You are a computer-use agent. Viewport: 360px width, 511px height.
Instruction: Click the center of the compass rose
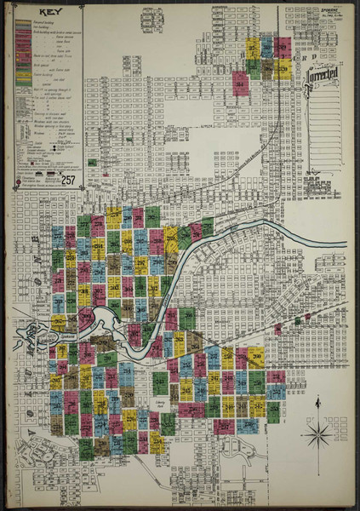318,436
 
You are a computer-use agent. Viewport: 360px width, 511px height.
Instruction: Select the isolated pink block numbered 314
241,83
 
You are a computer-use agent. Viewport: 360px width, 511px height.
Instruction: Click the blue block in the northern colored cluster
267,46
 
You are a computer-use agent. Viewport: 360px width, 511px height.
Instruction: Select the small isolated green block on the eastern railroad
297,321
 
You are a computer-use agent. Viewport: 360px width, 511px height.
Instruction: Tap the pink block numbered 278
98,226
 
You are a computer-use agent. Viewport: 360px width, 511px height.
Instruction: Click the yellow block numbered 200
113,218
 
